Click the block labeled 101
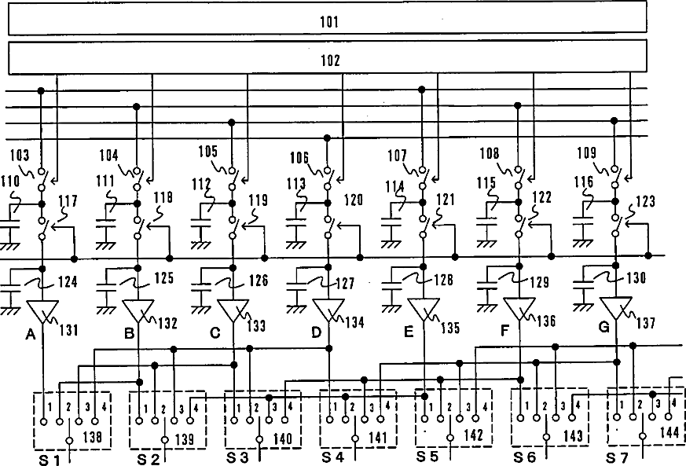coord(327,18)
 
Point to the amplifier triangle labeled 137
coord(615,308)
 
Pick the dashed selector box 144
coord(641,418)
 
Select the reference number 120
coord(353,201)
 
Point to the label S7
coord(620,457)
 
